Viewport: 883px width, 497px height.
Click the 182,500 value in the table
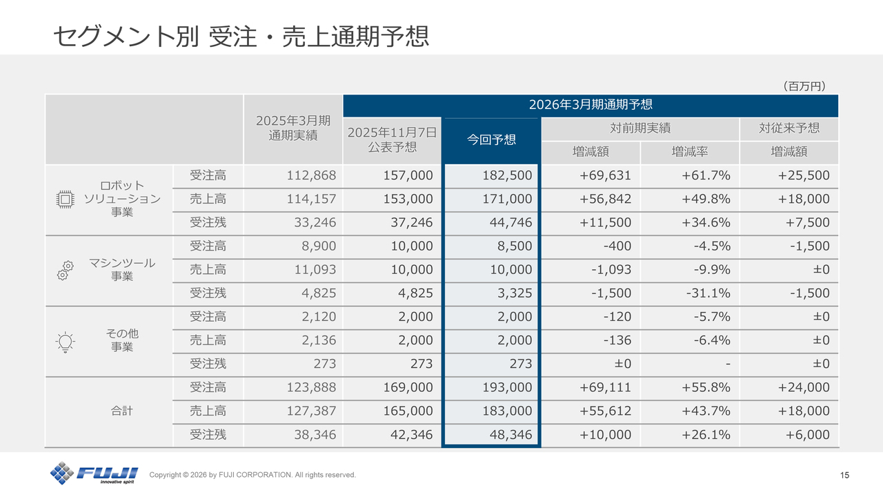click(508, 176)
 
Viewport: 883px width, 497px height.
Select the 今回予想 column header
click(491, 139)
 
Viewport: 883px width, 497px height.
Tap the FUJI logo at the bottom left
click(94, 474)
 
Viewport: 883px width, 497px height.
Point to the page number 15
click(845, 475)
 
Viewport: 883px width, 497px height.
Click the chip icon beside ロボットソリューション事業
click(64, 199)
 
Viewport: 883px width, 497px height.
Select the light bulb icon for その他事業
click(65, 341)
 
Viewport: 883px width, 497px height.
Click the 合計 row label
click(122, 411)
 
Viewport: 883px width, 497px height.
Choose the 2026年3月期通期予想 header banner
click(590, 105)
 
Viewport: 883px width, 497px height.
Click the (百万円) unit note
click(804, 86)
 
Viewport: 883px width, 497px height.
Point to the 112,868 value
click(311, 176)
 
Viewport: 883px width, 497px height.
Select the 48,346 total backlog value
click(508, 435)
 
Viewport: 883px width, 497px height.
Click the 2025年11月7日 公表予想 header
click(392, 139)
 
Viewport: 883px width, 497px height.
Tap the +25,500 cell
click(804, 176)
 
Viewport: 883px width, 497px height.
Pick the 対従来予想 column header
click(789, 128)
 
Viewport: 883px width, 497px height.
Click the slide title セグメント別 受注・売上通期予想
click(241, 36)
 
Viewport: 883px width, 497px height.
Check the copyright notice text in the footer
click(252, 475)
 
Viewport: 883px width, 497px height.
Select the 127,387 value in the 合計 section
click(311, 411)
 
